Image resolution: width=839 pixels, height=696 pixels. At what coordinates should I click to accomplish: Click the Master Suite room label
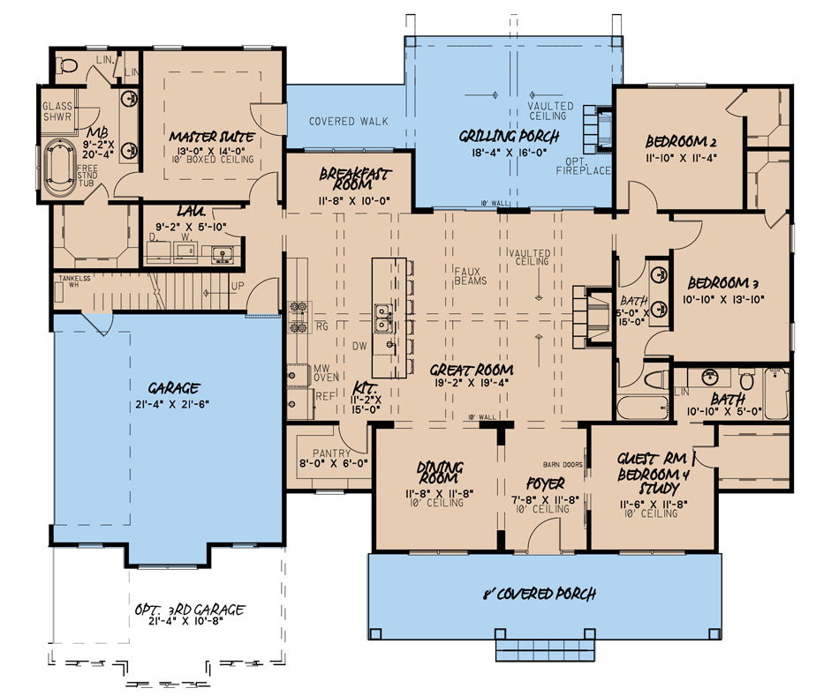click(213, 137)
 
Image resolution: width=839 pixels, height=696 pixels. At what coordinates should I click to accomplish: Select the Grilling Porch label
click(509, 136)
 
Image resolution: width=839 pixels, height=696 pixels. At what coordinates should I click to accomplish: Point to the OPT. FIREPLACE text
click(584, 165)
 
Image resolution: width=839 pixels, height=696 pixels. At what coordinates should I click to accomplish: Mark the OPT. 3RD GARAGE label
click(190, 610)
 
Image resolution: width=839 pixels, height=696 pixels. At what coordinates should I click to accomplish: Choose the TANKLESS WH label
click(75, 280)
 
